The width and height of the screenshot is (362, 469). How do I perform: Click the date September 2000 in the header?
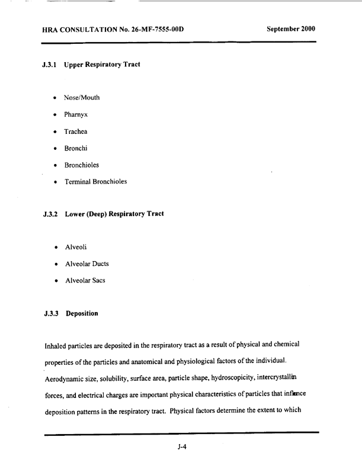tap(291, 28)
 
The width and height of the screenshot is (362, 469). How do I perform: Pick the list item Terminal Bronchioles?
tap(100, 181)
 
